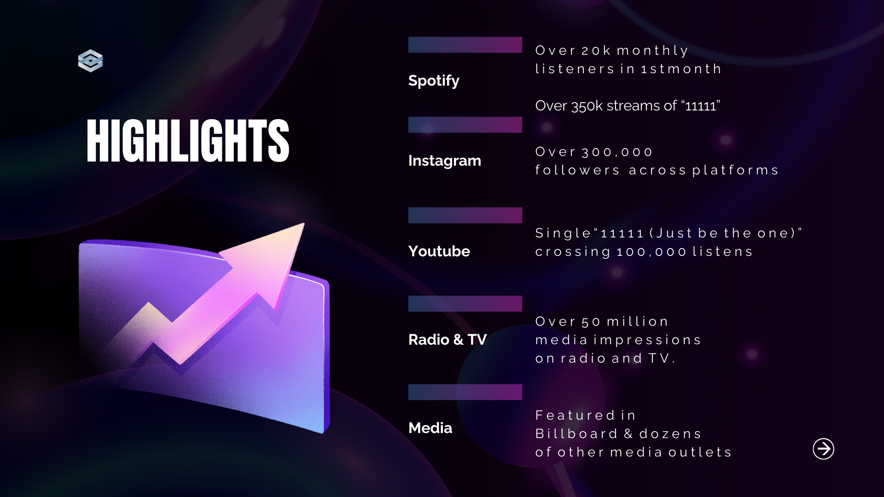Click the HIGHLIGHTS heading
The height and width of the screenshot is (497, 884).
click(x=188, y=140)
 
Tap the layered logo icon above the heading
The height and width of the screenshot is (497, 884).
click(x=90, y=61)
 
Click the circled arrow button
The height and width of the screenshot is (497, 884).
click(x=823, y=449)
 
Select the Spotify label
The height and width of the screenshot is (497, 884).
click(x=434, y=81)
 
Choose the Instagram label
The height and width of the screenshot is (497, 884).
click(x=445, y=161)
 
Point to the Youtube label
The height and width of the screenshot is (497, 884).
click(x=439, y=251)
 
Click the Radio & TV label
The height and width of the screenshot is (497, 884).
click(x=448, y=340)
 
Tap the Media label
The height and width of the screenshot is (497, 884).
click(x=430, y=428)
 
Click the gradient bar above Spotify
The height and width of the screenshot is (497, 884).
click(x=465, y=45)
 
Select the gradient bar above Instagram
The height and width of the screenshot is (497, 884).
click(x=465, y=125)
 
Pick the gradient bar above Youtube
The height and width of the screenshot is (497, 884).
click(x=465, y=215)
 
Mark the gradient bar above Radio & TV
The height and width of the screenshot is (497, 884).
click(x=465, y=304)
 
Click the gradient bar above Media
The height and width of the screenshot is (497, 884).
click(x=465, y=392)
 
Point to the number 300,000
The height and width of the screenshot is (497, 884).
click(x=617, y=152)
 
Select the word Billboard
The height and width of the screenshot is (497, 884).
click(x=576, y=433)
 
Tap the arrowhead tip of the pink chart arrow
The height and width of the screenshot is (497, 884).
click(x=304, y=224)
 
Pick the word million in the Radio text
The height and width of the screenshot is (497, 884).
click(x=637, y=321)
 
